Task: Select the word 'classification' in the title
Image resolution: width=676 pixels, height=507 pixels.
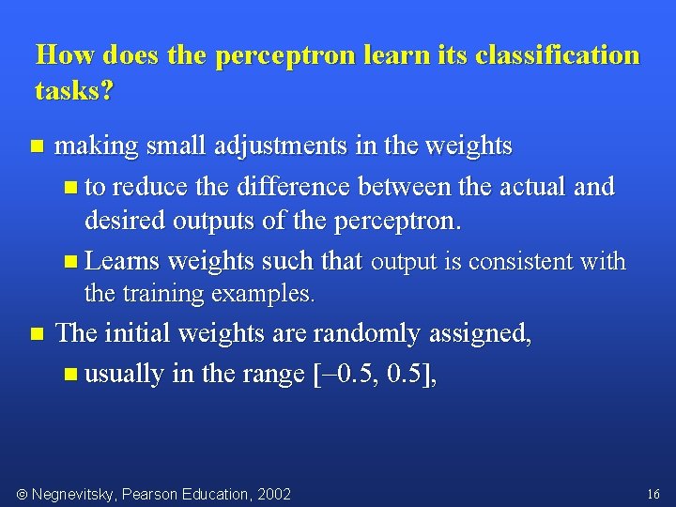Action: pos(558,54)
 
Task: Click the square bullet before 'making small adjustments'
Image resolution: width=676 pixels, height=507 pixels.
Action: pos(37,146)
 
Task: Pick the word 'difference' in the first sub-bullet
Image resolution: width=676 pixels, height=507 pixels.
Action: pos(287,186)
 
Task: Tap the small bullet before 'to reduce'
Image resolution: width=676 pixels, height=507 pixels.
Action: pos(72,187)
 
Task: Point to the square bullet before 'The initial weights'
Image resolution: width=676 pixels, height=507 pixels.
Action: pos(37,334)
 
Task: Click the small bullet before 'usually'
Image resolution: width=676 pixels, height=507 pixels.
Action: pos(72,375)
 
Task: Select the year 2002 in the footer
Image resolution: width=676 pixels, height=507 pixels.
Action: pos(272,494)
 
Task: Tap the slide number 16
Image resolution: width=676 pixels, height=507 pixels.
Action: pos(653,494)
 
